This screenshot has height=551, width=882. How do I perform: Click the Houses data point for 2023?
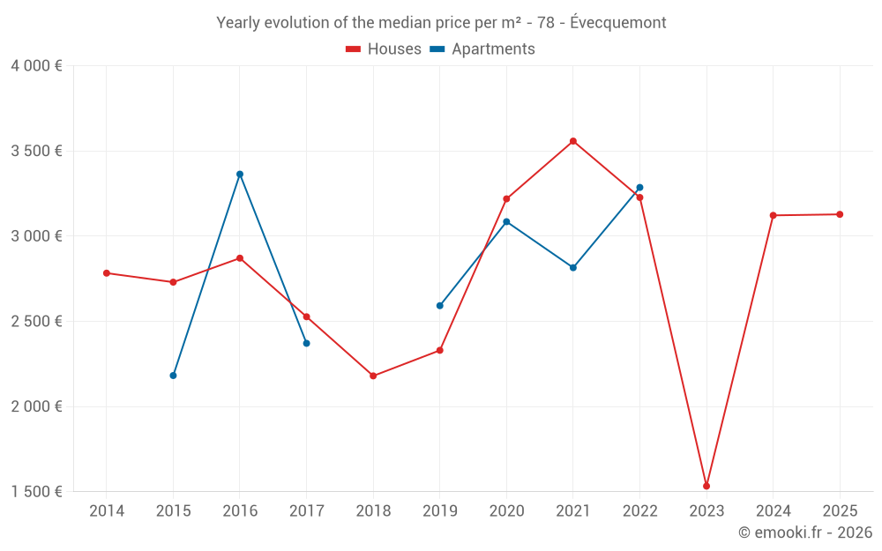(x=706, y=486)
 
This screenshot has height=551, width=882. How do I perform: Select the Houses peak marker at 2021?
(x=573, y=141)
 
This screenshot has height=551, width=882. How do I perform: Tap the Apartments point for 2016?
(x=240, y=174)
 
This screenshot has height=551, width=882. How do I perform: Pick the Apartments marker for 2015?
(x=173, y=376)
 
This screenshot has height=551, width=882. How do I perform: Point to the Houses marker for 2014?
(x=107, y=273)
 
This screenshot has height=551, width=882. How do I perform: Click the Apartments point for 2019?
(x=440, y=306)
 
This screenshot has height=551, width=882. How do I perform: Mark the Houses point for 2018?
(x=373, y=376)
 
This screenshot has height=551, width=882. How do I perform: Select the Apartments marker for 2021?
(x=573, y=268)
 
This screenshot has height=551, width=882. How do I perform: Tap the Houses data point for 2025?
(x=840, y=214)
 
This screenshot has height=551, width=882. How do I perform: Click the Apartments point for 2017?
(x=307, y=343)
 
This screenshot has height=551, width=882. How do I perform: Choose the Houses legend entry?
(x=384, y=49)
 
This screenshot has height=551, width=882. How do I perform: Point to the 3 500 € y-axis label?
(x=36, y=151)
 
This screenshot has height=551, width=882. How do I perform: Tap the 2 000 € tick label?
(x=36, y=406)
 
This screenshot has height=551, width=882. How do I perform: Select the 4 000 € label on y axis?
(x=36, y=66)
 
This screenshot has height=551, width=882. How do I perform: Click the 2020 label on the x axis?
(x=506, y=510)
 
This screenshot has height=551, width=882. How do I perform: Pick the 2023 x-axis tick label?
(x=706, y=510)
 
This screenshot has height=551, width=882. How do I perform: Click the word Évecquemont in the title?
(x=617, y=22)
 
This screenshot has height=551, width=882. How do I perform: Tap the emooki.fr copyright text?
(x=805, y=532)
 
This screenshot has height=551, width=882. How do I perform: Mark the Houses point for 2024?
(x=774, y=215)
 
